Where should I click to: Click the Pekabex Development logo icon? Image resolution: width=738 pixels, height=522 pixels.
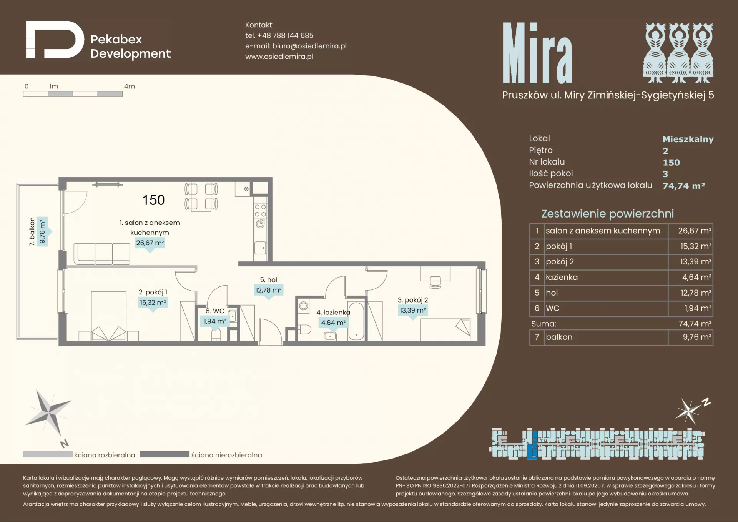pyautogui.click(x=55, y=40)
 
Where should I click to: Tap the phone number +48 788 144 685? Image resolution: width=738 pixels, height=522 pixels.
pyautogui.click(x=285, y=35)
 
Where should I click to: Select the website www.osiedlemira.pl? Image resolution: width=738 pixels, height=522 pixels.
pyautogui.click(x=279, y=57)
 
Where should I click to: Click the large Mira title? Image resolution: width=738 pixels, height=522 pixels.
pyautogui.click(x=537, y=53)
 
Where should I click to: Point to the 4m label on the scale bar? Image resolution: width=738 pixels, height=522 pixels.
pyautogui.click(x=130, y=86)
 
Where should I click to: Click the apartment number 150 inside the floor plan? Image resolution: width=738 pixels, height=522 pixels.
pyautogui.click(x=153, y=200)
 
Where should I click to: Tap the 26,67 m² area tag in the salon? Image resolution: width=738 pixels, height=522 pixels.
pyautogui.click(x=150, y=243)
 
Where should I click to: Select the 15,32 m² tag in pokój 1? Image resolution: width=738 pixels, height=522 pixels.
pyautogui.click(x=153, y=303)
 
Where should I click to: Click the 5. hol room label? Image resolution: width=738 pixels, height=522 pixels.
pyautogui.click(x=268, y=280)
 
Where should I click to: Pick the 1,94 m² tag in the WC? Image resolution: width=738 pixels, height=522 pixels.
pyautogui.click(x=215, y=321)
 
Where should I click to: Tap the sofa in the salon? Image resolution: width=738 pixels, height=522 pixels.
pyautogui.click(x=102, y=254)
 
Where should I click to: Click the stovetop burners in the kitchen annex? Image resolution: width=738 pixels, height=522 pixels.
pyautogui.click(x=260, y=211)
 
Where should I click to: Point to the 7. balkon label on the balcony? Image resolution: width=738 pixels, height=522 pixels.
pyautogui.click(x=32, y=232)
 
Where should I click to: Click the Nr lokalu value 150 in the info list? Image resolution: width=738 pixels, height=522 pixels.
pyautogui.click(x=671, y=163)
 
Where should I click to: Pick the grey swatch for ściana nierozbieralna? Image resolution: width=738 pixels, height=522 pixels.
pyautogui.click(x=165, y=454)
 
